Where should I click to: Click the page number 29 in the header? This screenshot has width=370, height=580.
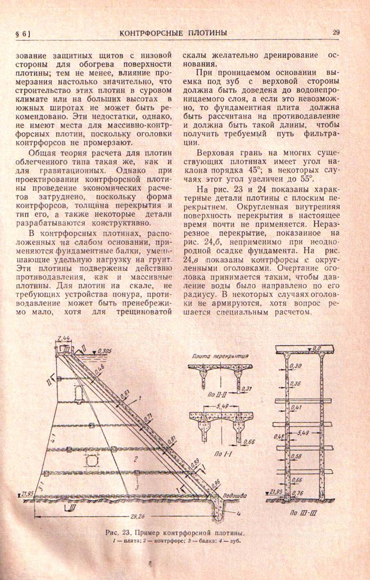pos(336,32)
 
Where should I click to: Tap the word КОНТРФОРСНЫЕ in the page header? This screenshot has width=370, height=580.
pos(156,32)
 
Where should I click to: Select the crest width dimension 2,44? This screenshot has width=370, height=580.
pos(65,338)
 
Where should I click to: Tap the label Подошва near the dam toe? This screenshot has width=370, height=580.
pos(235,495)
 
